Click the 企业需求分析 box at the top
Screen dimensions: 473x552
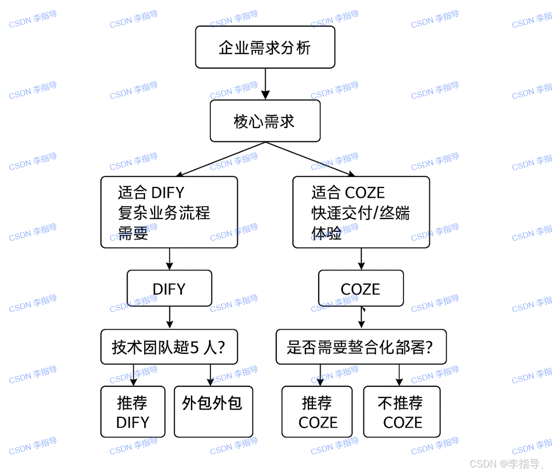tap(265, 47)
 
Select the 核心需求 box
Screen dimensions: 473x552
tap(265, 121)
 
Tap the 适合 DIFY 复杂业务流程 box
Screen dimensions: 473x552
tap(169, 212)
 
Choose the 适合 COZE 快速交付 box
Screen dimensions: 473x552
tap(361, 212)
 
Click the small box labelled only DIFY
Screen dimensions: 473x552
tap(169, 289)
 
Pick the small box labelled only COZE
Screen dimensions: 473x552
tap(361, 289)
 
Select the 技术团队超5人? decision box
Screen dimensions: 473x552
tap(169, 347)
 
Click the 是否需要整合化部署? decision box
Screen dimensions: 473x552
tap(361, 347)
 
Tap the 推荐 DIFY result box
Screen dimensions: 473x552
tap(133, 412)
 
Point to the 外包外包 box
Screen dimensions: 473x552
tap(213, 412)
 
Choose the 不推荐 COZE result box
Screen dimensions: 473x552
tap(402, 412)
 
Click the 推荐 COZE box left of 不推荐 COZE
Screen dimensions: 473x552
tap(317, 412)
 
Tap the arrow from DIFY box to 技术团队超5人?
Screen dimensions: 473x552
tap(169, 318)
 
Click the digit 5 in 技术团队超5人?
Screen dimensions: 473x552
tap(195, 347)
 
